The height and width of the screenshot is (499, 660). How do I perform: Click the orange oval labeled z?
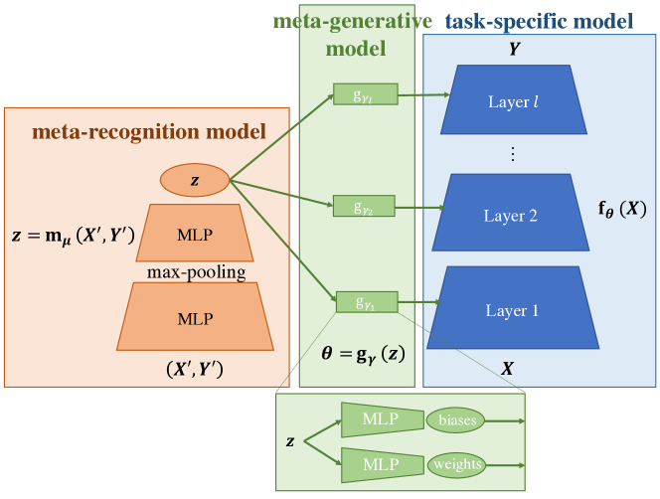coord(195,180)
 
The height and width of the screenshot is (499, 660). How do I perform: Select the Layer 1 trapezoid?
coord(512,311)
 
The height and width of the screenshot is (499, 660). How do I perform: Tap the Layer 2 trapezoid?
coord(511,215)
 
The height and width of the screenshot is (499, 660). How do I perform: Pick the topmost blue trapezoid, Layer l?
coord(511,101)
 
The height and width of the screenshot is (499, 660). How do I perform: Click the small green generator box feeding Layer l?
coord(367,95)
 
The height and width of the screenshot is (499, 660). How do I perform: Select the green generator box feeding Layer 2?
coord(366,207)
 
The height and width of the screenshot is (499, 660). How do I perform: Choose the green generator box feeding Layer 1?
coord(366,301)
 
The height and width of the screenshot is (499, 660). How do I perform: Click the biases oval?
coord(454,420)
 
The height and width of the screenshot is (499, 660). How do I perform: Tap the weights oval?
coord(454,464)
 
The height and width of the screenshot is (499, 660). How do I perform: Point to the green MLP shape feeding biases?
coord(379,420)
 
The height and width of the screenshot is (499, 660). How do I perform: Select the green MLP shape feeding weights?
coord(379,464)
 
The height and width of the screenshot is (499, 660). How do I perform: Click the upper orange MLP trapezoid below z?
coord(194,234)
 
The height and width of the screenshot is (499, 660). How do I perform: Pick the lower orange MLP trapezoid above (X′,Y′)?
coord(194,318)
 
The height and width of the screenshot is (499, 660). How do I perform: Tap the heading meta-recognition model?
coord(149,131)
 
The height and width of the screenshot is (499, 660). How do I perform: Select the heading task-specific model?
coord(540,20)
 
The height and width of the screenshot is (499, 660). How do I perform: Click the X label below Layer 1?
coord(507,368)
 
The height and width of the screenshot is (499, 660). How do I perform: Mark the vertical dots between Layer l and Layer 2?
coord(512,154)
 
